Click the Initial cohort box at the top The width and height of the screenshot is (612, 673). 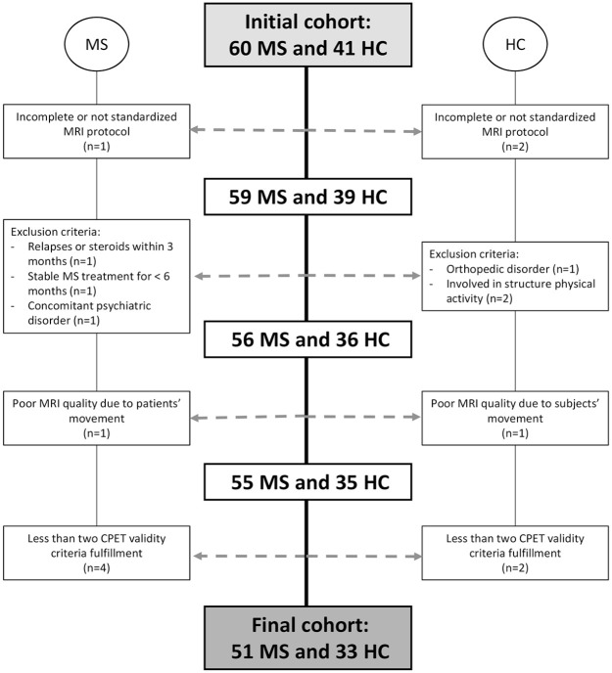click(x=306, y=31)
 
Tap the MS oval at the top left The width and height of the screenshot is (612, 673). click(x=96, y=47)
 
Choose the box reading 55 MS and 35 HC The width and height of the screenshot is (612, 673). click(x=306, y=481)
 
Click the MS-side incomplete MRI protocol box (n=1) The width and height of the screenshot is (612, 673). click(x=96, y=130)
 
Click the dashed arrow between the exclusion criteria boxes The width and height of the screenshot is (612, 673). click(x=306, y=277)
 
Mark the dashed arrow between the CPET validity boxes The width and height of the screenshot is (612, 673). click(x=306, y=557)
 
